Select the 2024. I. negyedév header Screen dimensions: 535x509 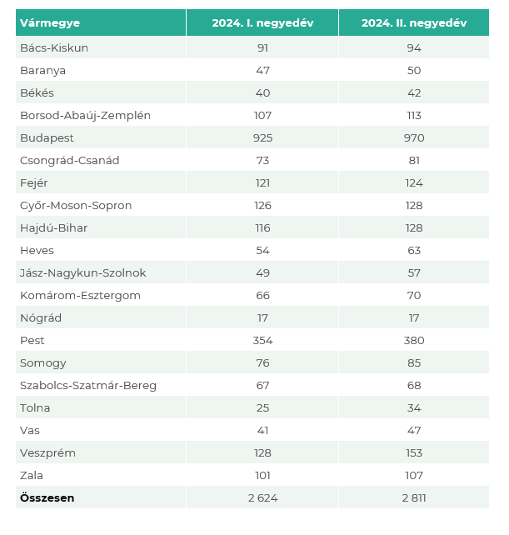click(x=262, y=23)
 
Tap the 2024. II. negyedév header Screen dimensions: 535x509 click(x=414, y=23)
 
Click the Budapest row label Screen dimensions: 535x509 click(x=47, y=137)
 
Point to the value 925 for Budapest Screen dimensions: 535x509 click(x=262, y=137)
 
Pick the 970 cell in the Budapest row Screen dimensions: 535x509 click(x=414, y=137)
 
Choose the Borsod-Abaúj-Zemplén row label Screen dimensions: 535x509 click(x=85, y=115)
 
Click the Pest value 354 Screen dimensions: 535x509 click(x=262, y=340)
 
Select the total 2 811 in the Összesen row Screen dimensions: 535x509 click(x=414, y=497)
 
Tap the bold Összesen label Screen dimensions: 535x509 click(x=47, y=497)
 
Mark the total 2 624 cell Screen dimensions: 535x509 click(x=262, y=497)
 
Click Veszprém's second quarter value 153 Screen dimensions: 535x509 click(x=414, y=452)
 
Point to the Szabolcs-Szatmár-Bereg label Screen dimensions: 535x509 click(x=87, y=385)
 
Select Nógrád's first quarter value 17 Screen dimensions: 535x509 click(x=262, y=317)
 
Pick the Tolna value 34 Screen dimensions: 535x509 click(x=414, y=407)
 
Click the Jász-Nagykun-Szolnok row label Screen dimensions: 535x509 click(x=82, y=272)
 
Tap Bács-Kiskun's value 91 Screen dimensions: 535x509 click(x=262, y=47)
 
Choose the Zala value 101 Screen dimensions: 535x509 click(x=262, y=475)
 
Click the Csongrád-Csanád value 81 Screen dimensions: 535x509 click(x=414, y=160)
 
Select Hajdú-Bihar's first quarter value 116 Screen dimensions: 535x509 click(x=262, y=227)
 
